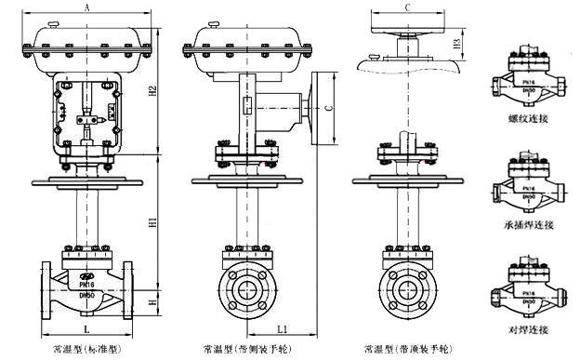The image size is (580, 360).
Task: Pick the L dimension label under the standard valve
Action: (86, 330)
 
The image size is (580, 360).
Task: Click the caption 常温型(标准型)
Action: (87, 350)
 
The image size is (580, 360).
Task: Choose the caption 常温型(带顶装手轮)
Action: (409, 350)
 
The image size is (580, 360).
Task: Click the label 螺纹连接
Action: (528, 119)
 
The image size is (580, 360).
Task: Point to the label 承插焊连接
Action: (528, 224)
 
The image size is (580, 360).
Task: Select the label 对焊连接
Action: (528, 329)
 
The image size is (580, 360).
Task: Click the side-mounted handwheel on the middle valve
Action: (320, 110)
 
